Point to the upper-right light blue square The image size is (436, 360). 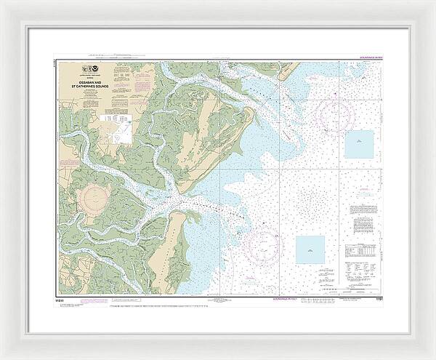358,143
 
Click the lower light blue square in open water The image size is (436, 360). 310,249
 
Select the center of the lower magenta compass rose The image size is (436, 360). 262,244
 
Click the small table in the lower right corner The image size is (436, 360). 361,250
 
